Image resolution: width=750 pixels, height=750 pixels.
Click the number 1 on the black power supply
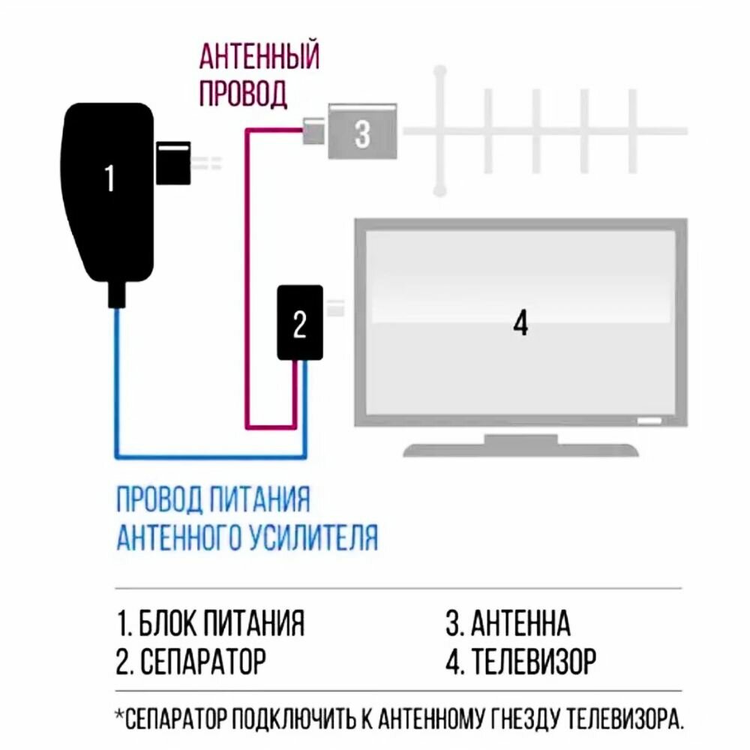click(x=109, y=178)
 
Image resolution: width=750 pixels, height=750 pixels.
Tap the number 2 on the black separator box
click(x=299, y=324)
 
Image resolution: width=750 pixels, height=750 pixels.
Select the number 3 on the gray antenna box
click(x=362, y=135)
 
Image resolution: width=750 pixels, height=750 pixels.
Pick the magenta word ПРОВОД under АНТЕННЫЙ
click(x=242, y=94)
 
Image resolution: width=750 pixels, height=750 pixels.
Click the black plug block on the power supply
click(x=174, y=160)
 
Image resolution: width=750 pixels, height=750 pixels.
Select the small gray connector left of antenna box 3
click(x=313, y=133)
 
